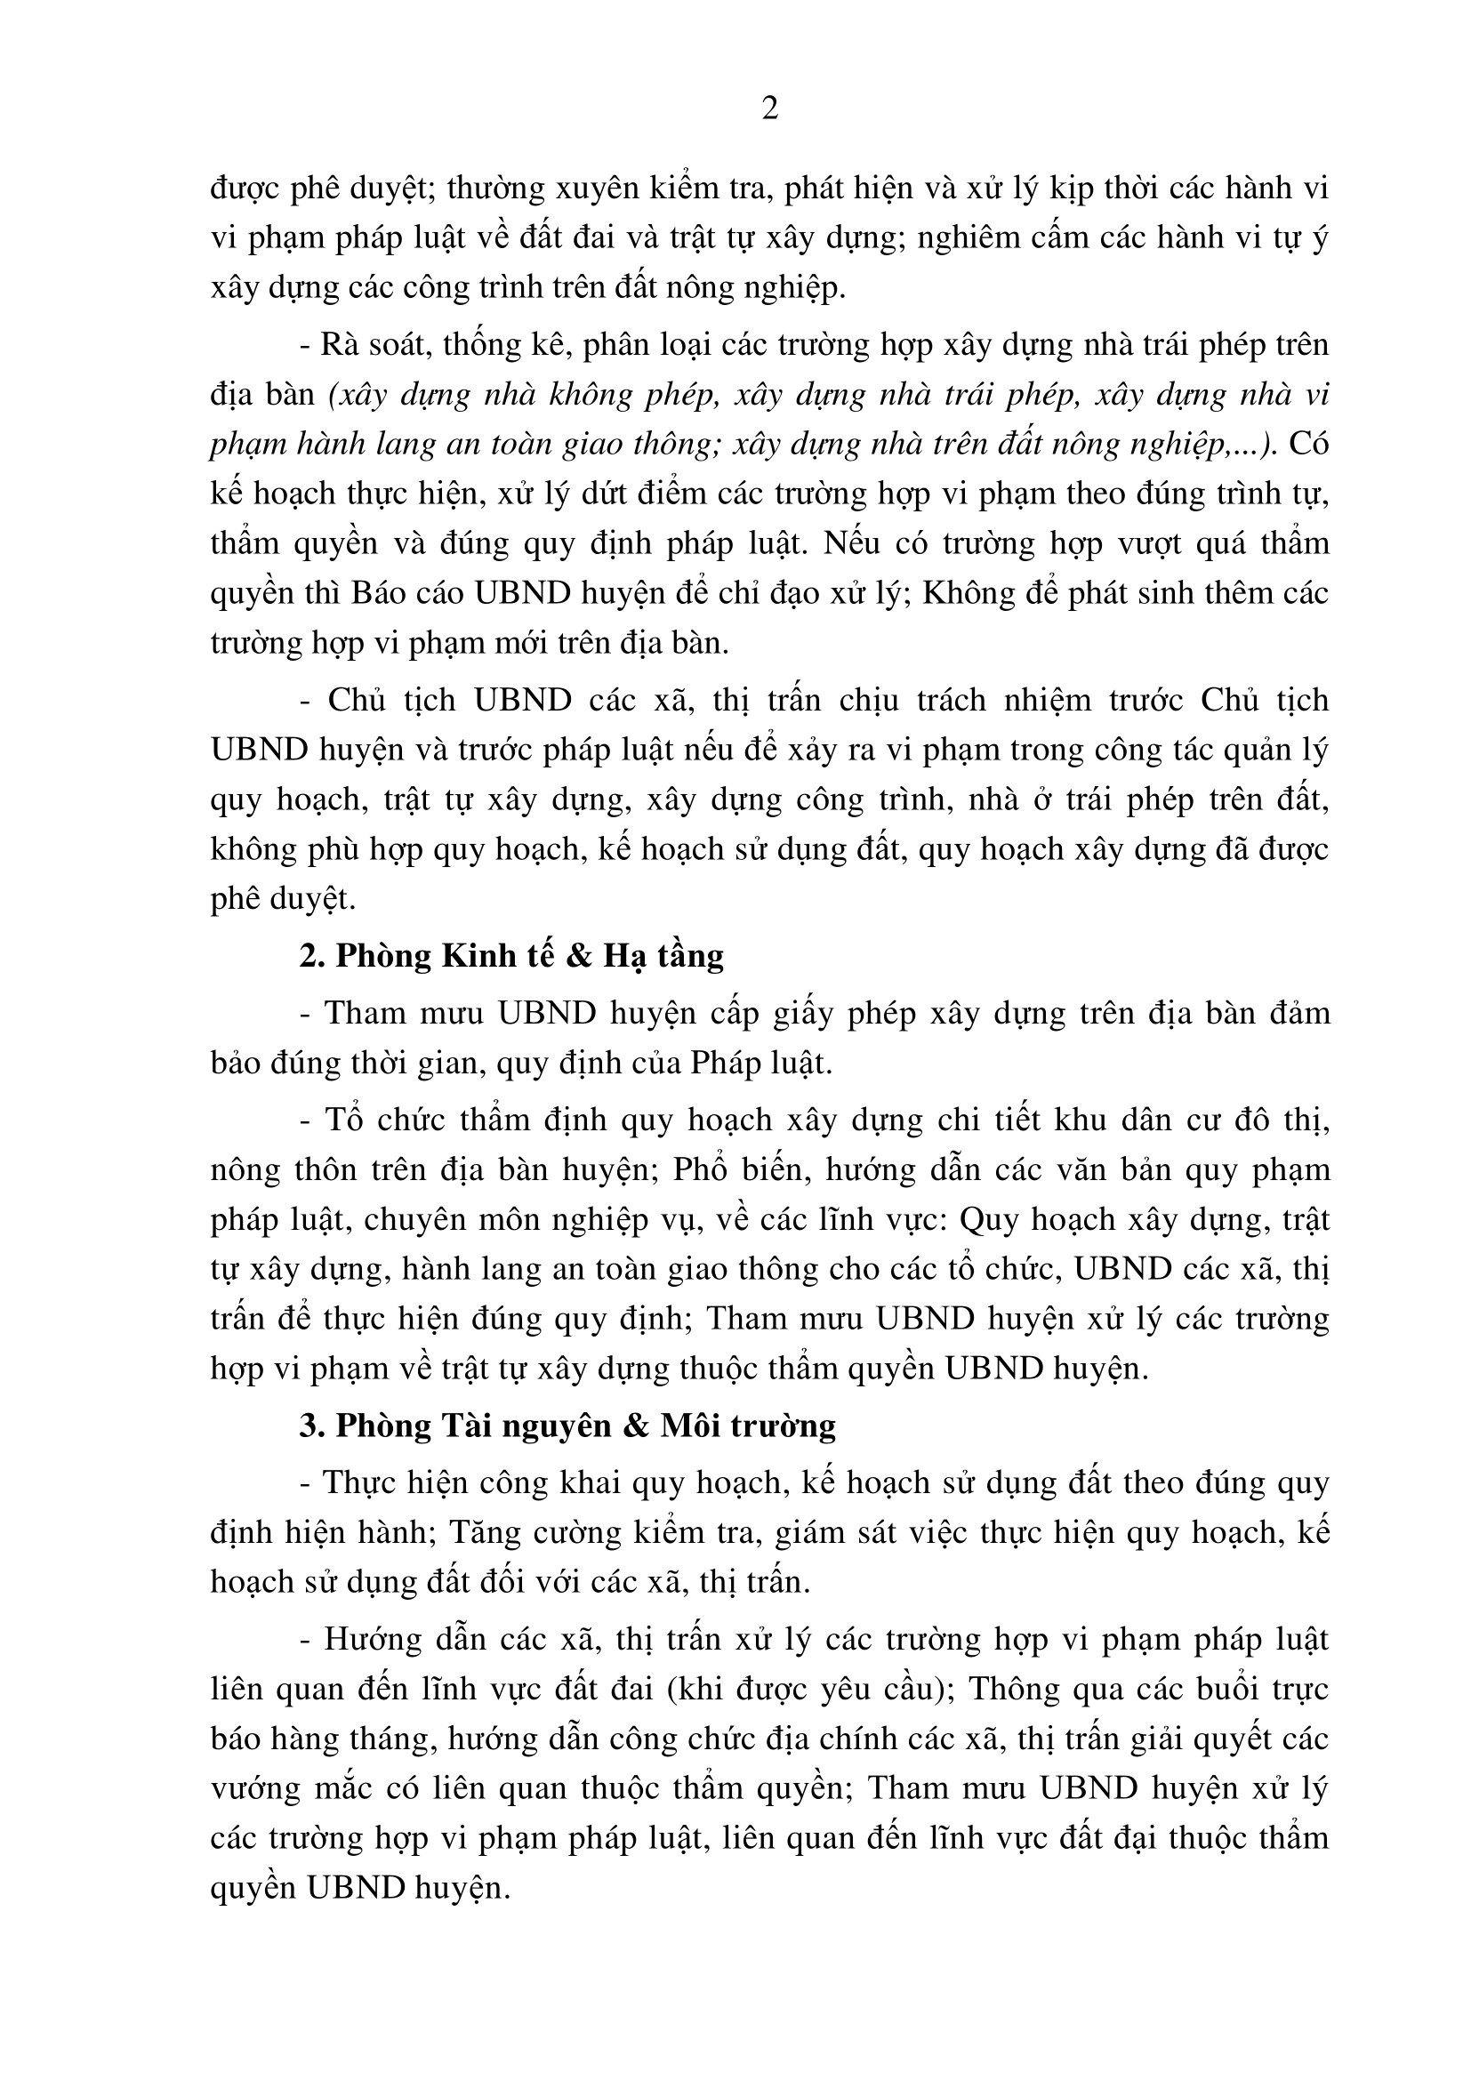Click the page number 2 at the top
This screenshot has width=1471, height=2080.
[x=770, y=109]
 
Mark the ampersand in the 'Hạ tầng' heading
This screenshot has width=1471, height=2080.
[x=577, y=957]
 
